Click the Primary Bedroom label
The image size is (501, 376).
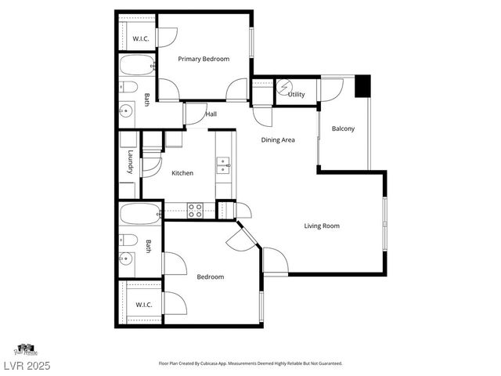click(203, 59)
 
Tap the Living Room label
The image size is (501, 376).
click(322, 226)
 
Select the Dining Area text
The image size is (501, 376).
click(277, 139)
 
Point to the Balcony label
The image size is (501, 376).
click(343, 128)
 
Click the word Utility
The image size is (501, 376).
click(296, 95)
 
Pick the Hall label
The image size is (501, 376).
click(211, 114)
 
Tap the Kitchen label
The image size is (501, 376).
click(182, 173)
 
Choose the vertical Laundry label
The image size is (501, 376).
click(131, 164)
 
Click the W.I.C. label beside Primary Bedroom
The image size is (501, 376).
click(141, 38)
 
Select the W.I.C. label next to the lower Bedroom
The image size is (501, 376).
click(144, 304)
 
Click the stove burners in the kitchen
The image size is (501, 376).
click(193, 210)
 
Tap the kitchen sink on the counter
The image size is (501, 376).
click(224, 164)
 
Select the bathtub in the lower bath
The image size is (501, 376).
click(140, 212)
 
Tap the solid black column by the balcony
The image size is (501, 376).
click(362, 86)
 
